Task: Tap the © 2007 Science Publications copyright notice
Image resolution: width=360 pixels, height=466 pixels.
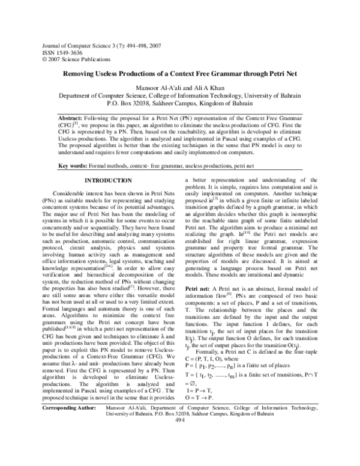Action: (x=74, y=59)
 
